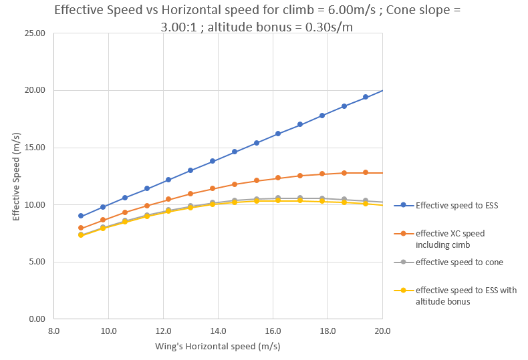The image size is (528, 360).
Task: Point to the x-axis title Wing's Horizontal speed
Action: coord(218,346)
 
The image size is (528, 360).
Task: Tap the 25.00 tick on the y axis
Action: coord(35,33)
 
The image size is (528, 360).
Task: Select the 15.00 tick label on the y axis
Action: coord(35,148)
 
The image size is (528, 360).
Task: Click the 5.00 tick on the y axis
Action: coord(37,262)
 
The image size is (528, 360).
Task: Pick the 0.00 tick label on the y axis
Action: coord(37,319)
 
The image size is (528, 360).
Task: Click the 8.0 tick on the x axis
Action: coord(54,329)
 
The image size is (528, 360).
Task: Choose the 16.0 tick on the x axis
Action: coord(273,329)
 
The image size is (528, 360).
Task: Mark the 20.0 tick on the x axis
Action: coord(382,329)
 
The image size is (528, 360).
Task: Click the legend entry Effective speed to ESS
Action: coord(456,205)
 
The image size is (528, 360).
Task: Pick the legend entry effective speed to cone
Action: coord(459,262)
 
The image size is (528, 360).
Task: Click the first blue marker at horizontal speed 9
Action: coord(81,216)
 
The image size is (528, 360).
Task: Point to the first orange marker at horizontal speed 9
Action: coord(81,228)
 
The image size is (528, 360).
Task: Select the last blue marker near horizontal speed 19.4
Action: coord(366,97)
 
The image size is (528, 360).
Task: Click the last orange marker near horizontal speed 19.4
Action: coord(366,172)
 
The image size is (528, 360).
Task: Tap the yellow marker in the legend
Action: coord(404,290)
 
